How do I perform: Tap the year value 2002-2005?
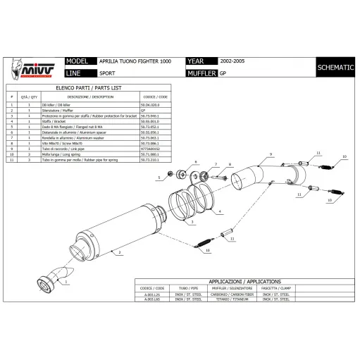coord(233,62)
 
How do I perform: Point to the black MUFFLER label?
coord(201,73)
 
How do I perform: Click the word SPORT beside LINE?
coord(108,73)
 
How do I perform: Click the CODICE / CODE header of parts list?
coord(155,97)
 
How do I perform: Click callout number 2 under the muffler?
coord(120,252)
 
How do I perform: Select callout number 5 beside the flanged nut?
coord(159,178)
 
